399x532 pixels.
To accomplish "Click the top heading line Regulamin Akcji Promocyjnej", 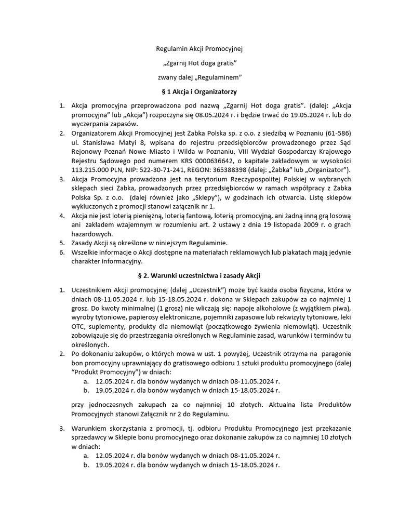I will click(199, 49).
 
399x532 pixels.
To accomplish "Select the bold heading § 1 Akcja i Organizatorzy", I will click(199, 91).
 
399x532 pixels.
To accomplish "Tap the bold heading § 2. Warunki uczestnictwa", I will click(199, 274).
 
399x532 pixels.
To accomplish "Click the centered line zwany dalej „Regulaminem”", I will click(199, 77).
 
